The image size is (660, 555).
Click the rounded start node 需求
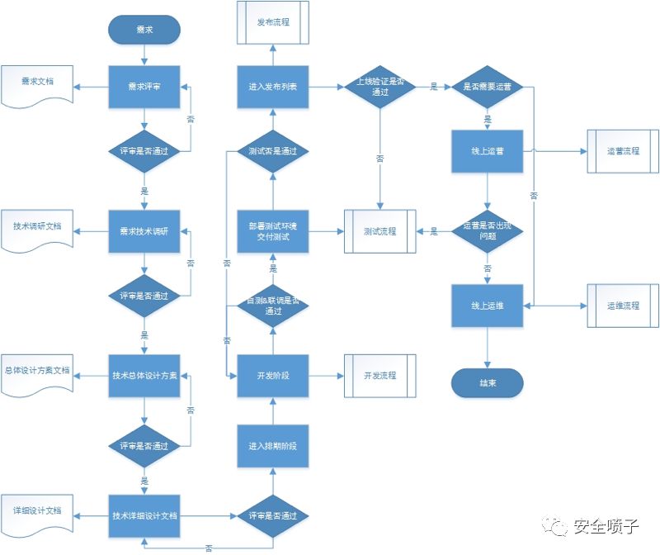click(x=144, y=30)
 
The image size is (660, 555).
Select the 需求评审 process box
click(x=144, y=87)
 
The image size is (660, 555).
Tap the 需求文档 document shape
click(x=37, y=83)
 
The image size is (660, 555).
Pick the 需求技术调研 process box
click(x=144, y=231)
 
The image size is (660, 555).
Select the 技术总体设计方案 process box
click(x=144, y=375)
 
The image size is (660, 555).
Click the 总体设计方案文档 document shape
click(x=37, y=371)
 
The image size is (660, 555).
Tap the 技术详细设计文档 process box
click(x=144, y=515)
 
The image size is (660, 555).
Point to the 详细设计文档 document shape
click(x=37, y=512)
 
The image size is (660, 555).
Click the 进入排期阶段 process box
click(x=272, y=446)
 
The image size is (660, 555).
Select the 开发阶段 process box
click(x=272, y=376)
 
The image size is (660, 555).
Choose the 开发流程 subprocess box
click(x=379, y=376)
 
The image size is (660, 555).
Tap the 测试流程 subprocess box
click(x=379, y=232)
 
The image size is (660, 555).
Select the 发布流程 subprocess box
click(x=272, y=22)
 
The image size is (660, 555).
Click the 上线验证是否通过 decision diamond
click(x=379, y=88)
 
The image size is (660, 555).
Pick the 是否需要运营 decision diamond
click(x=487, y=87)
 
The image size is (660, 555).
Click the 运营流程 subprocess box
click(x=623, y=151)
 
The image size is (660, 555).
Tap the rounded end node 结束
click(x=487, y=383)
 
